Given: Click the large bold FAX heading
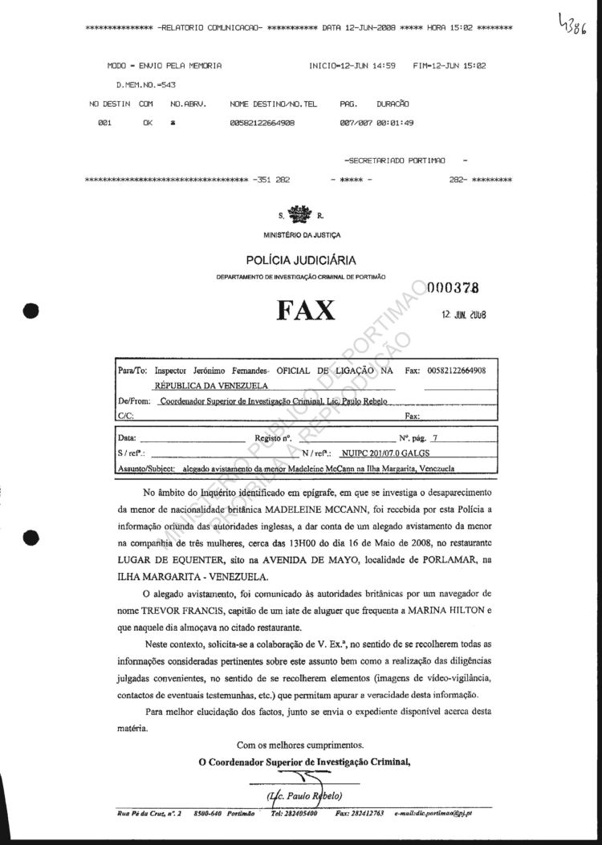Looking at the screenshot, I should click(306, 310).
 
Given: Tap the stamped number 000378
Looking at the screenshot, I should click(454, 289).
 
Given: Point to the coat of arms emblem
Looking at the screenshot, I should click(301, 215).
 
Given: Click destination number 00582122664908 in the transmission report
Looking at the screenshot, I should click(262, 123).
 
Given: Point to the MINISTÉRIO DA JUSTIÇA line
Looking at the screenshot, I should click(301, 234).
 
